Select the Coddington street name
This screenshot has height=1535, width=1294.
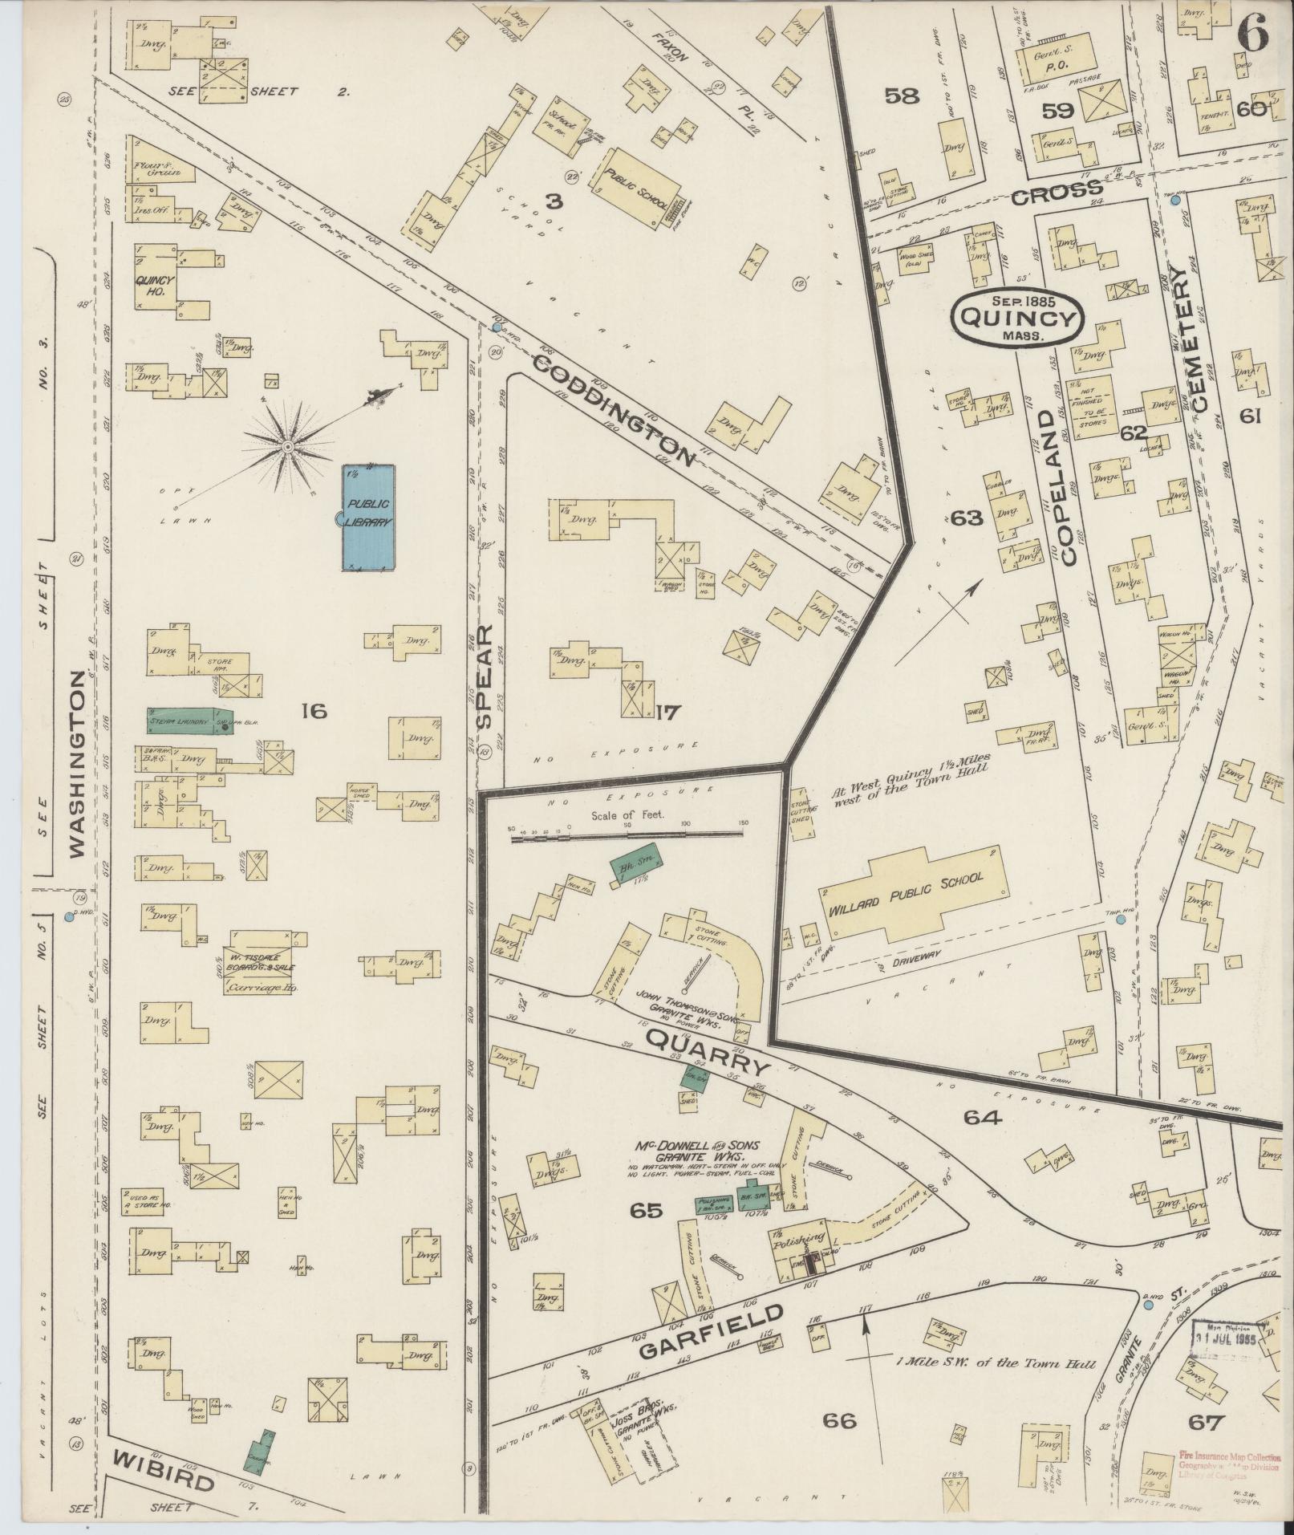[613, 412]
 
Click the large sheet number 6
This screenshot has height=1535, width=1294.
[1251, 35]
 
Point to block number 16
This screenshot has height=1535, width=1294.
[314, 710]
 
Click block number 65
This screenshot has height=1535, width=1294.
[646, 1233]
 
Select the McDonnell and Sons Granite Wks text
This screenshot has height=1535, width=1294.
[695, 1153]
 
